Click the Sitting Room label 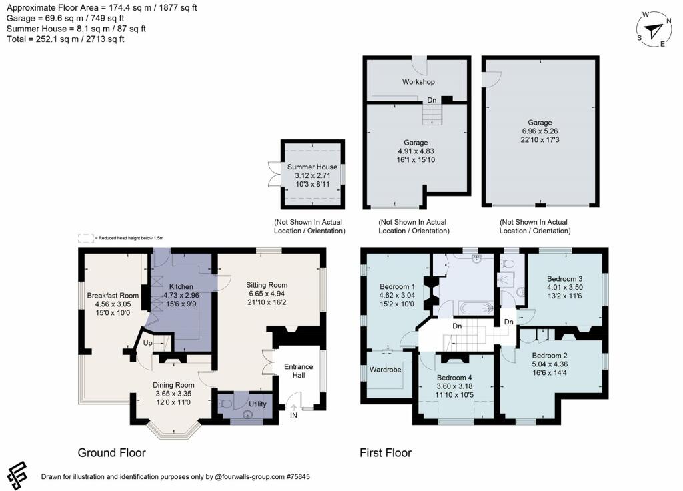pyautogui.click(x=267, y=285)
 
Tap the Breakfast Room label pyautogui.click(x=113, y=296)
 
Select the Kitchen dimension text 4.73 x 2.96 pyautogui.click(x=181, y=295)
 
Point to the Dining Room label pyautogui.click(x=173, y=385)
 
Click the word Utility pyautogui.click(x=257, y=404)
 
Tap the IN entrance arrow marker pyautogui.click(x=293, y=408)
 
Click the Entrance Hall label pyautogui.click(x=298, y=371)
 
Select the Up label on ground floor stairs pyautogui.click(x=147, y=343)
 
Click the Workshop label pyautogui.click(x=418, y=82)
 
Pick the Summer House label pyautogui.click(x=312, y=167)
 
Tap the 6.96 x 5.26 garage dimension pyautogui.click(x=540, y=131)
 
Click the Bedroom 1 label pyautogui.click(x=397, y=287)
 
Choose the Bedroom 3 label pyautogui.click(x=564, y=279)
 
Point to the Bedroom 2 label pyautogui.click(x=550, y=356)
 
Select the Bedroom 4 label pyautogui.click(x=454, y=378)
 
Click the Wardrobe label pyautogui.click(x=385, y=370)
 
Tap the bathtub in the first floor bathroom pyautogui.click(x=476, y=308)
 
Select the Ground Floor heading pyautogui.click(x=111, y=453)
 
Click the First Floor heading pyautogui.click(x=386, y=453)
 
